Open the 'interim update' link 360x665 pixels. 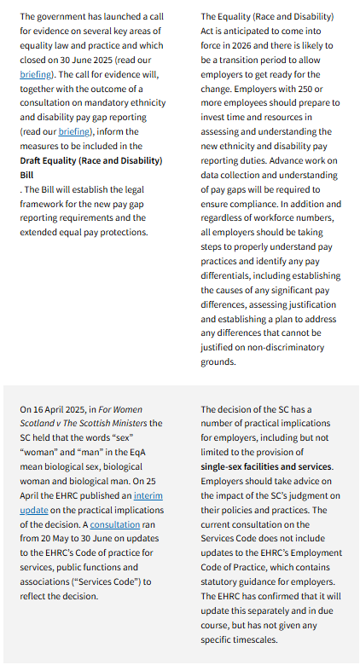pos(146,495)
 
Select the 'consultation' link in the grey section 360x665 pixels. pos(113,524)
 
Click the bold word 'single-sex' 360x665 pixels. pos(227,466)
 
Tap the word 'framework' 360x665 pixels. pos(43,204)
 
